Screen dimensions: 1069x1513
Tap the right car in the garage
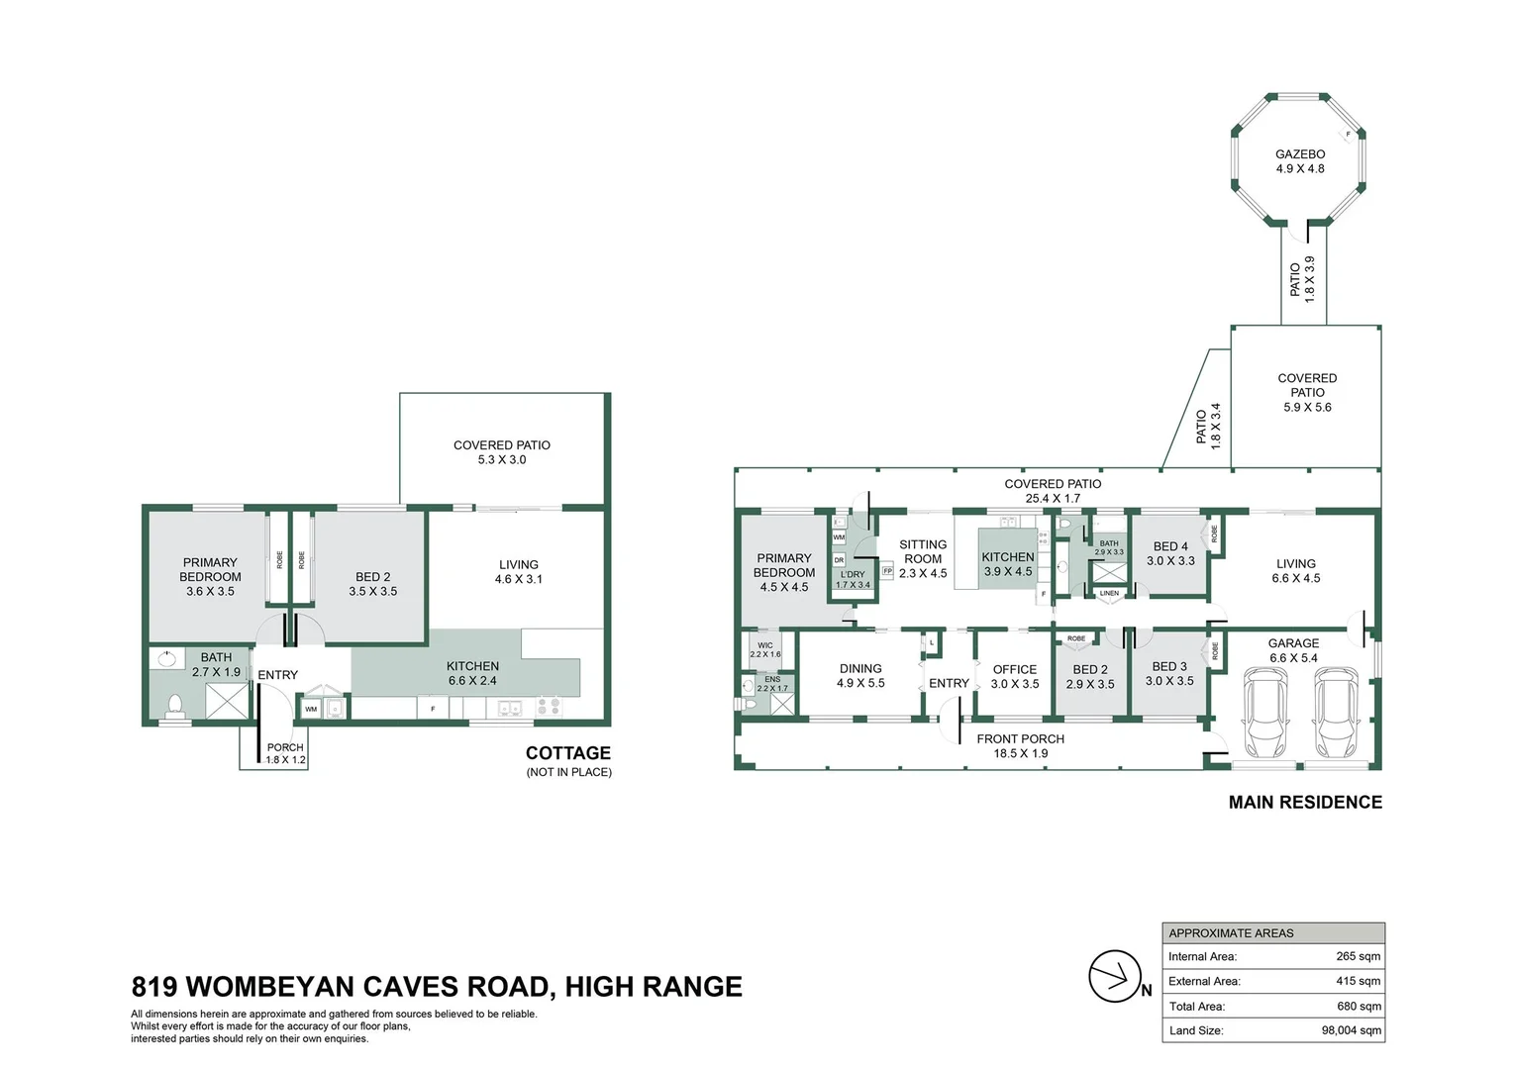pos(1335,711)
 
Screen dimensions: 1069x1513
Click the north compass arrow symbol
pos(1116,976)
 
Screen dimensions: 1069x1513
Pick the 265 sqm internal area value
pos(1358,956)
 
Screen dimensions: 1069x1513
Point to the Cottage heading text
pos(567,753)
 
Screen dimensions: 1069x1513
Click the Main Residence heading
pos(1304,803)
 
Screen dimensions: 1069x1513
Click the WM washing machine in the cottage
pos(311,709)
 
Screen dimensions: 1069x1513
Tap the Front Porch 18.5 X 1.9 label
pos(1020,745)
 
